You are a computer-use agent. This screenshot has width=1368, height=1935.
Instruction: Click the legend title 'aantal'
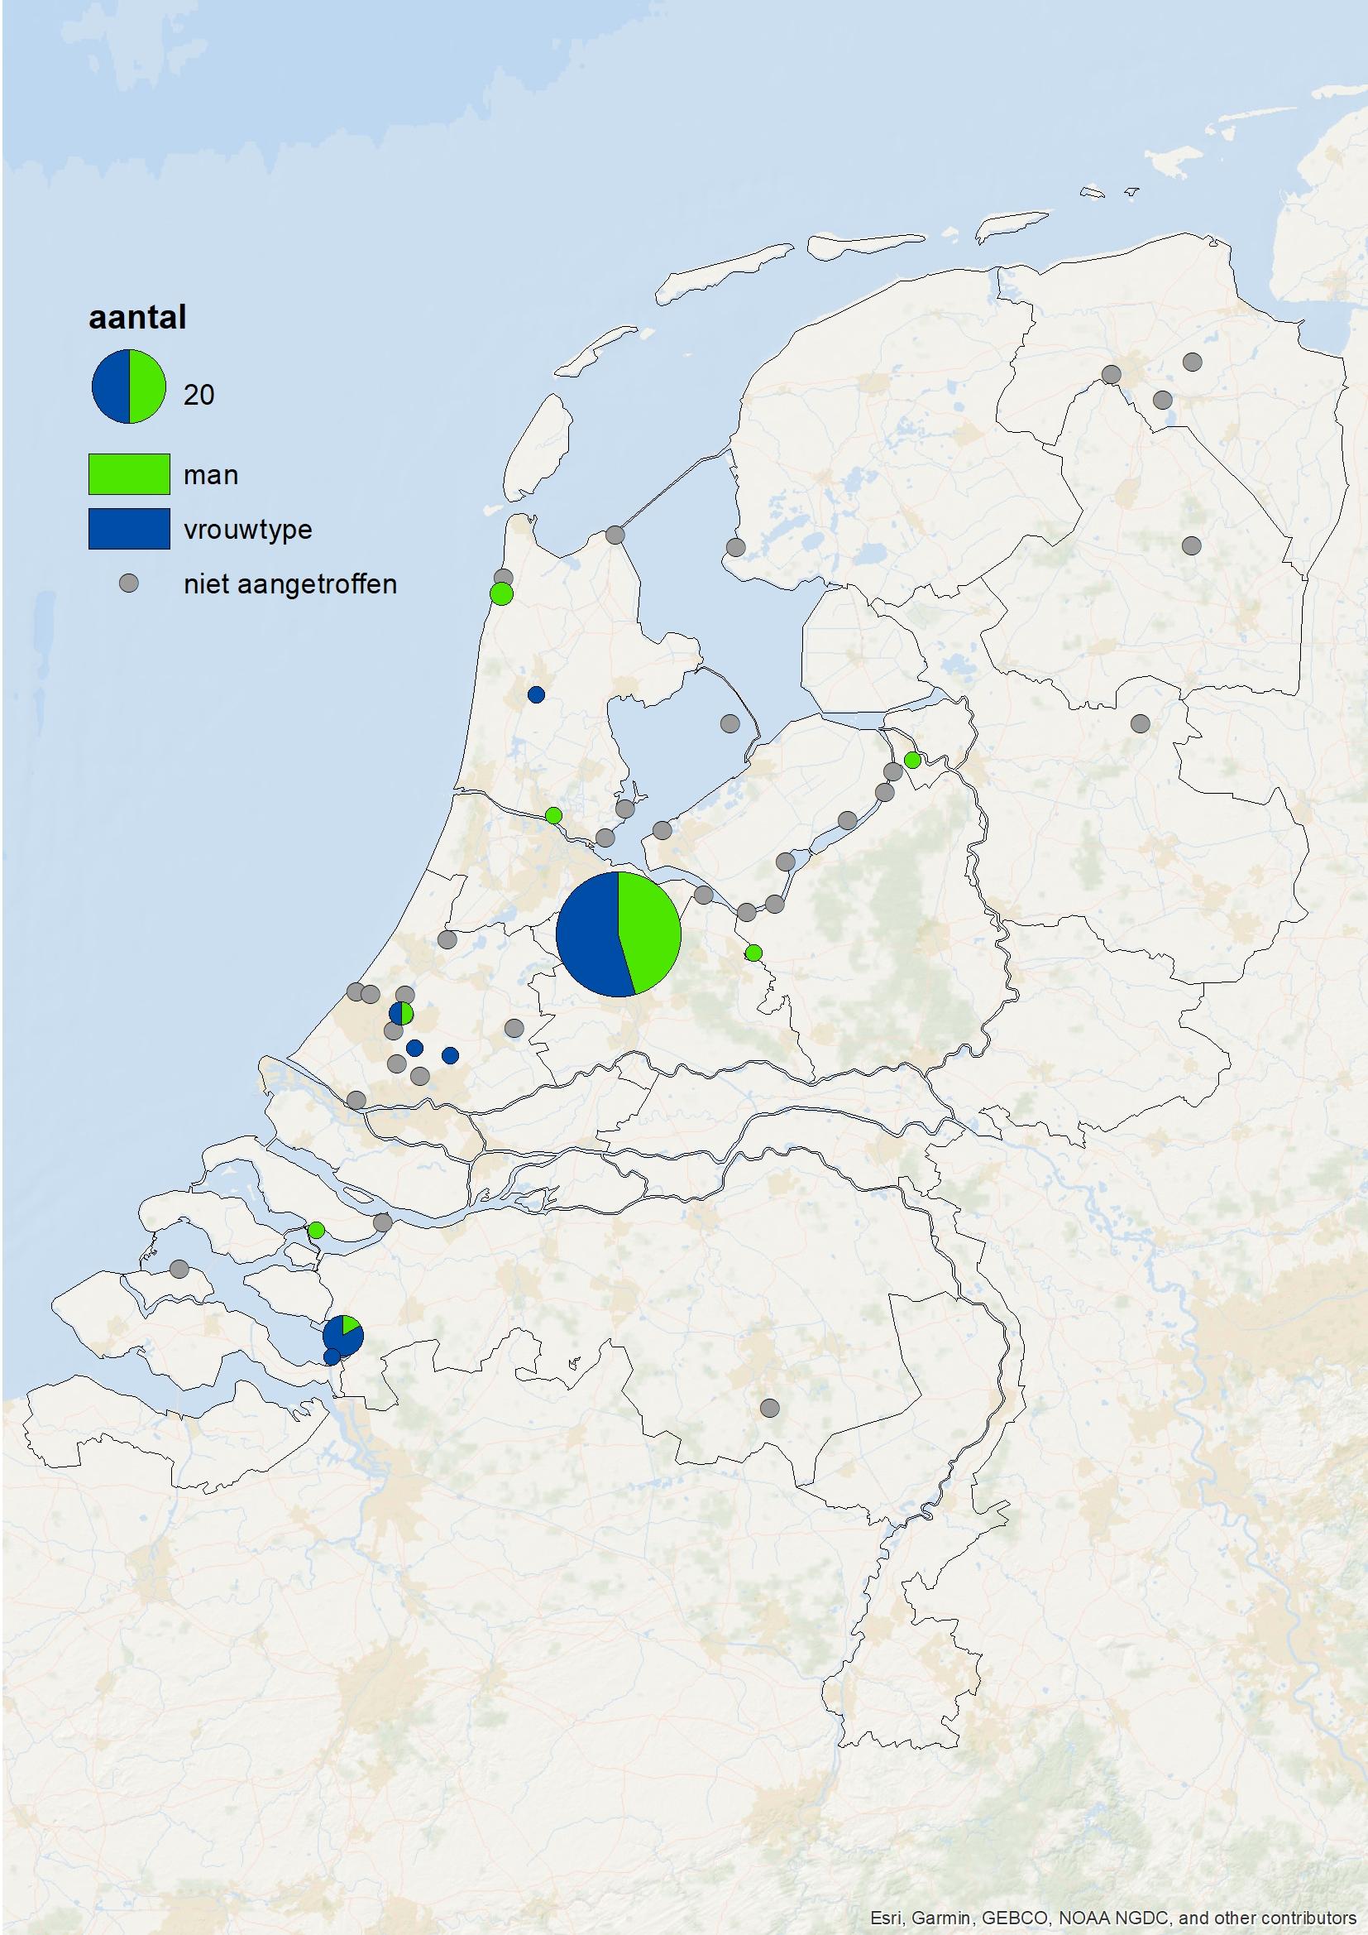click(x=137, y=318)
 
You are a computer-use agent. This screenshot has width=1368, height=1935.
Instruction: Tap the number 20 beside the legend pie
click(x=199, y=395)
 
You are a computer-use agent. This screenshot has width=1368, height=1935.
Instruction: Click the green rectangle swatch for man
click(x=129, y=473)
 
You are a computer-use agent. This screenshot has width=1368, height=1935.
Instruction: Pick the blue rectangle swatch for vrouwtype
click(x=129, y=528)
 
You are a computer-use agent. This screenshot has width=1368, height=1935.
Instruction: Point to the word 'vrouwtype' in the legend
click(x=247, y=529)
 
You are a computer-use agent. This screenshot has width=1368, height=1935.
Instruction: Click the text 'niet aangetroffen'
click(x=289, y=584)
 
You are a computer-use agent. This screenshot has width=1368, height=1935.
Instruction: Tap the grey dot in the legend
click(x=128, y=583)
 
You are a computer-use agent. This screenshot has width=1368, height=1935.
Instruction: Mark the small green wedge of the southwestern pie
click(x=351, y=1326)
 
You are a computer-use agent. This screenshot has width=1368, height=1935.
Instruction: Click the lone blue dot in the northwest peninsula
click(x=536, y=694)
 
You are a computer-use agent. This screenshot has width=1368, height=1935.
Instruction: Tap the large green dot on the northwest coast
click(x=501, y=594)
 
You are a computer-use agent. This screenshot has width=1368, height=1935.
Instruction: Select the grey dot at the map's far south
click(x=769, y=1408)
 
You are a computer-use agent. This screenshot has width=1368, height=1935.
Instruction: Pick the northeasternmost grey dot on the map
click(x=1192, y=363)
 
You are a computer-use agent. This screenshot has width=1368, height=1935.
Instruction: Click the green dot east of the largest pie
click(x=754, y=953)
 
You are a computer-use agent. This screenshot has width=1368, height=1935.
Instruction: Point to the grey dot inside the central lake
click(x=729, y=723)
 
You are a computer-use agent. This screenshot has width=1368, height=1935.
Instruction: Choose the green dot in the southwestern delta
click(x=316, y=1230)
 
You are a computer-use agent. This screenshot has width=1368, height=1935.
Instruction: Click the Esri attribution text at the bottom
click(x=1112, y=1918)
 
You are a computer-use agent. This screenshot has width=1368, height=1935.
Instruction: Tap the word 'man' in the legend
click(x=211, y=475)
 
